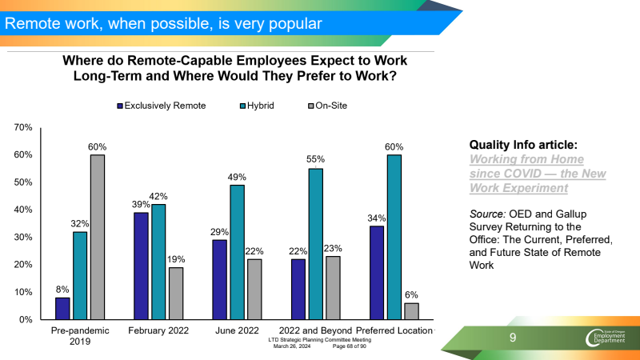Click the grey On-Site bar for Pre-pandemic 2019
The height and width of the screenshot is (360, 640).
(98, 237)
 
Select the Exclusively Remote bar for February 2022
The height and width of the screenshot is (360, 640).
(141, 266)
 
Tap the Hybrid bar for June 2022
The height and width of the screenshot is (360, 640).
(238, 252)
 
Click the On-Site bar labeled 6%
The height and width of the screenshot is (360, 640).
(412, 310)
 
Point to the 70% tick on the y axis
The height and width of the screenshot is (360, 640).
(22, 127)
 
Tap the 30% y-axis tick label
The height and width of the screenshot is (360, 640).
(22, 237)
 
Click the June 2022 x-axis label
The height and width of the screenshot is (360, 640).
(237, 330)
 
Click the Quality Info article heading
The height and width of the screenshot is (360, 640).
(522, 145)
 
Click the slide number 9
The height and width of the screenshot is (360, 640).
(513, 338)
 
